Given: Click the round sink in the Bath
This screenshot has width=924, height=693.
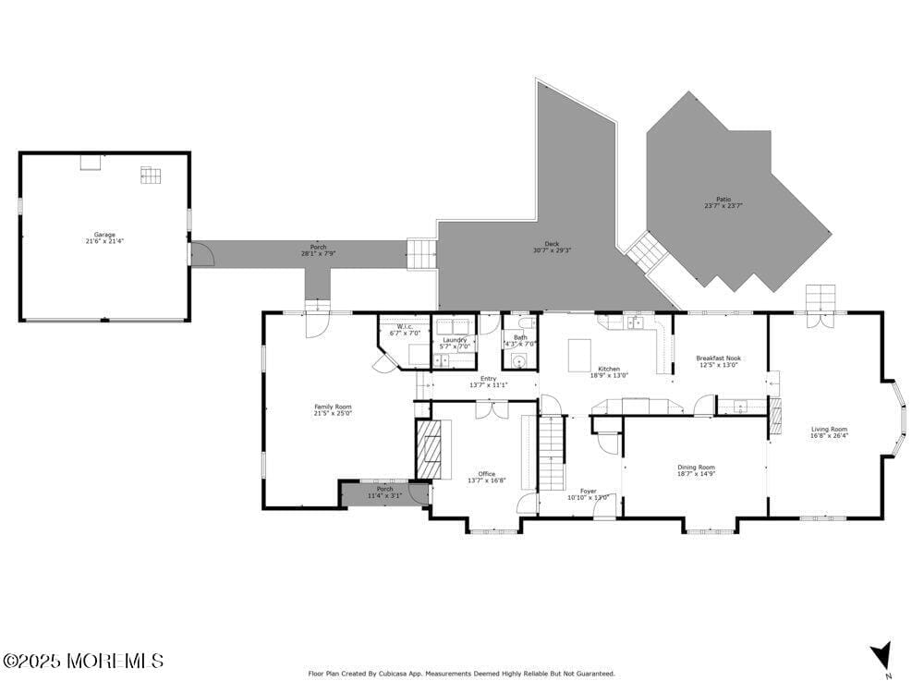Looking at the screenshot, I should [x=518, y=360].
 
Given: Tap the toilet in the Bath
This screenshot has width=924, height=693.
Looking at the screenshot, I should [x=525, y=322].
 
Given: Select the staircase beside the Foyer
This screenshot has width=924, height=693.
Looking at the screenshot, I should [x=551, y=453].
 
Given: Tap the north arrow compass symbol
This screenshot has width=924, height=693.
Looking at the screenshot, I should [x=881, y=655].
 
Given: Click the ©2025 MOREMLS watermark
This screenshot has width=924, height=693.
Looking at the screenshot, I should [x=83, y=661].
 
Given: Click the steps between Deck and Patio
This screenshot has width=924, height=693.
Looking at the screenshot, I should [x=643, y=251].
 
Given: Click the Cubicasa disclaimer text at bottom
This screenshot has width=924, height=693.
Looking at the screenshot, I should [x=461, y=674].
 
